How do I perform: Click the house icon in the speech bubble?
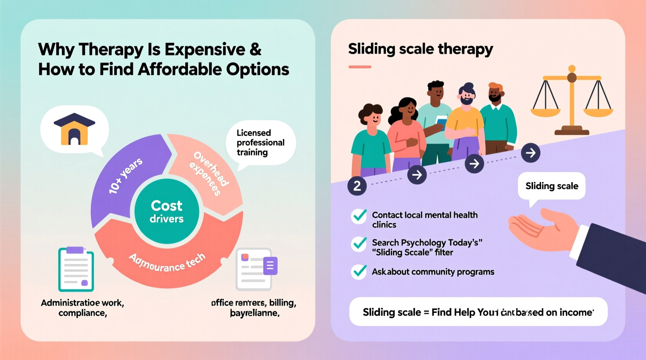tap(74, 129)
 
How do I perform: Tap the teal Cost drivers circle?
tap(167, 211)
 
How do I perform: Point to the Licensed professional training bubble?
tap(260, 143)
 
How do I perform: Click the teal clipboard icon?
tap(76, 269)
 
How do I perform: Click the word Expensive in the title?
tap(205, 50)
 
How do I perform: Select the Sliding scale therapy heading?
tap(420, 49)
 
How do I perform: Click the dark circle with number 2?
tap(357, 186)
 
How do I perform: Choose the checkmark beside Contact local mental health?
tap(359, 216)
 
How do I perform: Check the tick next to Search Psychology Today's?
tap(359, 244)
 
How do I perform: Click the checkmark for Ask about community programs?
tap(359, 272)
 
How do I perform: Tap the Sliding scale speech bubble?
tap(551, 186)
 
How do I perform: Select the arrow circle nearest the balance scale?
tap(530, 153)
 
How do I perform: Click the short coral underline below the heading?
tap(360, 67)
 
